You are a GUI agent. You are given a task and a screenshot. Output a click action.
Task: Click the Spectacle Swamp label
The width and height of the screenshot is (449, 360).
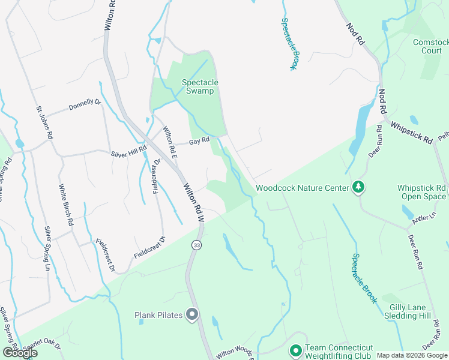[200, 86]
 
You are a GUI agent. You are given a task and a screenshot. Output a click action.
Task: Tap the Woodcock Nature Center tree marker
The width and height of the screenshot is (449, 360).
[358, 187]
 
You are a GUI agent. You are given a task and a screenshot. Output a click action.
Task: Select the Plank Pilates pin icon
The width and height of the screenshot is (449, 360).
[192, 314]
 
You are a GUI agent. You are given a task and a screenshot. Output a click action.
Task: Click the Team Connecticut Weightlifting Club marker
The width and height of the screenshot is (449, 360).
[295, 350]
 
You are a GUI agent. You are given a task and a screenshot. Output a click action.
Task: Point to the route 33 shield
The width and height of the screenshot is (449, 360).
[196, 245]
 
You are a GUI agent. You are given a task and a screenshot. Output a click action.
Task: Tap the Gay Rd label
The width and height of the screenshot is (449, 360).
[199, 142]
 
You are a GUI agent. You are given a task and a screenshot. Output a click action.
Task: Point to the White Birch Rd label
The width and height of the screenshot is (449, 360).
[65, 205]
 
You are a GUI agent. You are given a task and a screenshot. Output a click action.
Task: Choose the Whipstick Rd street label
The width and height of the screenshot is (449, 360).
[411, 133]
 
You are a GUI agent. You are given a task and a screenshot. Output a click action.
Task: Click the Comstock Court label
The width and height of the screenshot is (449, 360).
[431, 46]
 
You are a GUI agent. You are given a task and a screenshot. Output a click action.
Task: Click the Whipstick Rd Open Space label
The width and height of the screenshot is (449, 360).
[422, 192]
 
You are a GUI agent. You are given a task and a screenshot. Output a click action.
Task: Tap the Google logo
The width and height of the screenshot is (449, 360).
[20, 353]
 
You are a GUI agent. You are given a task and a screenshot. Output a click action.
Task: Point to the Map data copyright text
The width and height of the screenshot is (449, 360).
[412, 355]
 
